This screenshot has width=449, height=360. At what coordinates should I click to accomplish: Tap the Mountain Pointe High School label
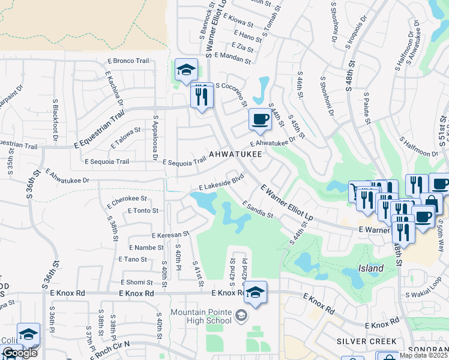click(200, 316)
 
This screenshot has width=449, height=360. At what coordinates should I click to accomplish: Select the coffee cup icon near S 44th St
click(260, 119)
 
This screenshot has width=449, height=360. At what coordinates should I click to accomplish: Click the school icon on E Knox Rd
click(256, 293)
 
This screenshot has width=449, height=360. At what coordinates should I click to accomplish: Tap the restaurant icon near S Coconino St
click(202, 95)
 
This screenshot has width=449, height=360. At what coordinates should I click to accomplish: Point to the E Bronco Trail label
click(128, 61)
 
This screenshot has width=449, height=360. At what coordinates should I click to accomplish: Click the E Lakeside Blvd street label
click(220, 182)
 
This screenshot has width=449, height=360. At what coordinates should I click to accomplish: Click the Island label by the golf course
click(371, 268)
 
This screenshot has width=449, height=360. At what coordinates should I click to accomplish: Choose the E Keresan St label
click(170, 235)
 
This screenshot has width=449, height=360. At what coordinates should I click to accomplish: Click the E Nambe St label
click(145, 247)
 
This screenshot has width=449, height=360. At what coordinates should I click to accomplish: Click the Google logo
click(20, 353)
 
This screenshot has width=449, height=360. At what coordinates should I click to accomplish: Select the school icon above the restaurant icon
click(186, 71)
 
